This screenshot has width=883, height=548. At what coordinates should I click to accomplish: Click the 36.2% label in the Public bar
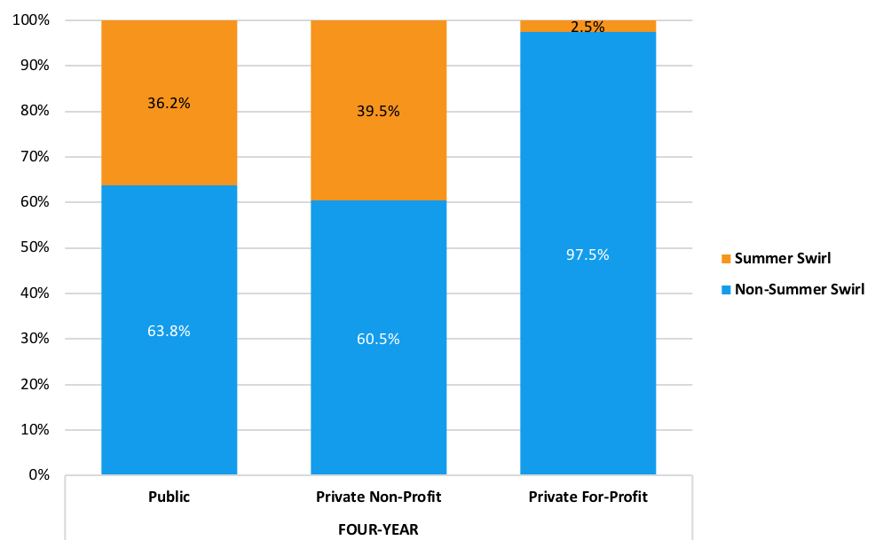(x=169, y=103)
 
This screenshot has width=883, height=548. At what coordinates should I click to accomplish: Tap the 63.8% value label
(x=169, y=331)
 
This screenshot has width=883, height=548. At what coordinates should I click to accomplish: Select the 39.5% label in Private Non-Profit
(x=378, y=111)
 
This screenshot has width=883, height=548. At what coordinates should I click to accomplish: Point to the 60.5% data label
(x=378, y=339)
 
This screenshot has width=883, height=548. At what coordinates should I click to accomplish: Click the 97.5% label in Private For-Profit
(x=587, y=254)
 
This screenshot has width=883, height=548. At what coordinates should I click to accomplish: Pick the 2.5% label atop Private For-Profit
(x=587, y=27)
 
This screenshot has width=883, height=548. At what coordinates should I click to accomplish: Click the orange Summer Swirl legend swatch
(x=725, y=259)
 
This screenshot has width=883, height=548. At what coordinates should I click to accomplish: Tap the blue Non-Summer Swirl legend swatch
(x=725, y=289)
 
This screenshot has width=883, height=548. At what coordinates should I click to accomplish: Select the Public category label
(x=169, y=497)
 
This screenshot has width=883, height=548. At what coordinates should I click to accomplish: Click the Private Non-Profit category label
(x=378, y=497)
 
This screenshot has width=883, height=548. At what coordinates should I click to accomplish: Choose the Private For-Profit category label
(x=587, y=497)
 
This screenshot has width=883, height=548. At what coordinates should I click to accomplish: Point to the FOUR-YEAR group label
(x=378, y=529)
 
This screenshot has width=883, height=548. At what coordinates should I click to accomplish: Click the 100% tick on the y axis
(x=31, y=20)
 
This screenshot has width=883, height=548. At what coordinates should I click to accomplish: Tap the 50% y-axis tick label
(x=35, y=247)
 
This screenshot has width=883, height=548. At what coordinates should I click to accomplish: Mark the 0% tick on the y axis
(x=38, y=475)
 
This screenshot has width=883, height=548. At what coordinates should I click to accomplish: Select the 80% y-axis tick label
(x=35, y=112)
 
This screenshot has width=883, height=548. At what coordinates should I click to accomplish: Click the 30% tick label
(x=35, y=339)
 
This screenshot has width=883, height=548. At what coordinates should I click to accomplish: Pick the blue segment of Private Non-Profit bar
(x=378, y=399)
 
